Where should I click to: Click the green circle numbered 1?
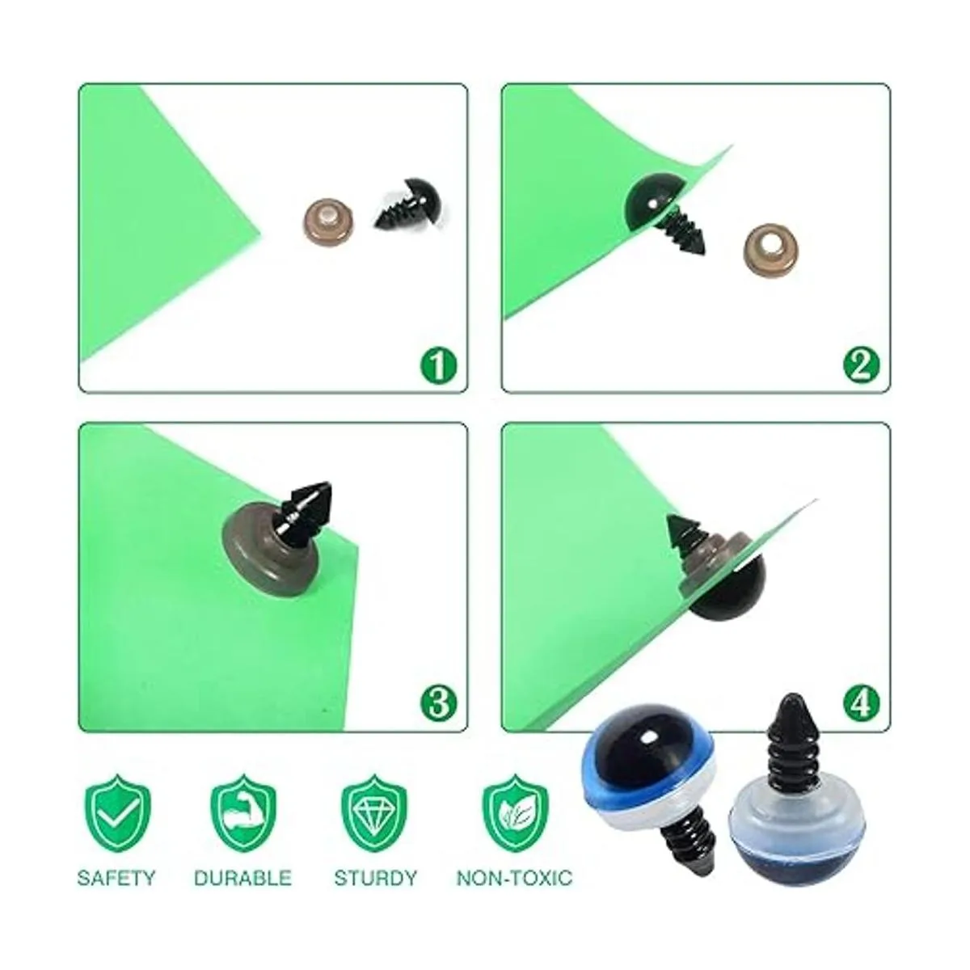click(x=438, y=365)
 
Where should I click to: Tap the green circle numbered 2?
click(x=861, y=365)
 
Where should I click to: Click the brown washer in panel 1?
click(x=327, y=221)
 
